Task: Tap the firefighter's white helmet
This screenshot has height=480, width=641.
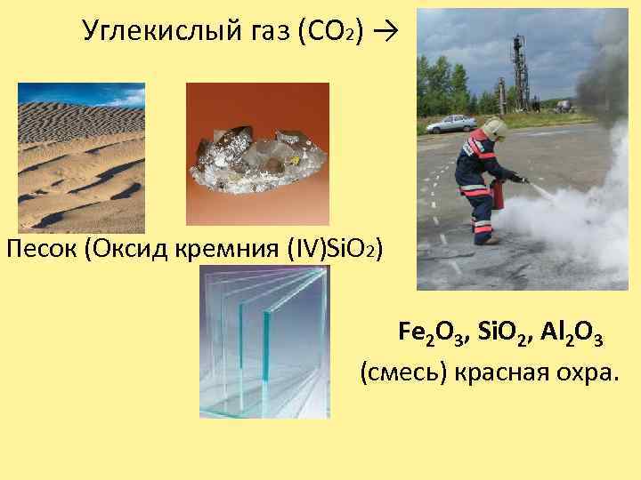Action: pos(495,131)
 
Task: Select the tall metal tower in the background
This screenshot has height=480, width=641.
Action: pos(515,71)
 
